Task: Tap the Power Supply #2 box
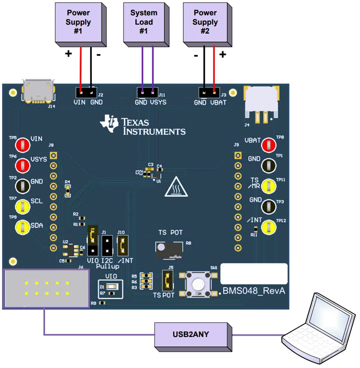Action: coord(205,23)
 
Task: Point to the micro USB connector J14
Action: coord(37,91)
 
